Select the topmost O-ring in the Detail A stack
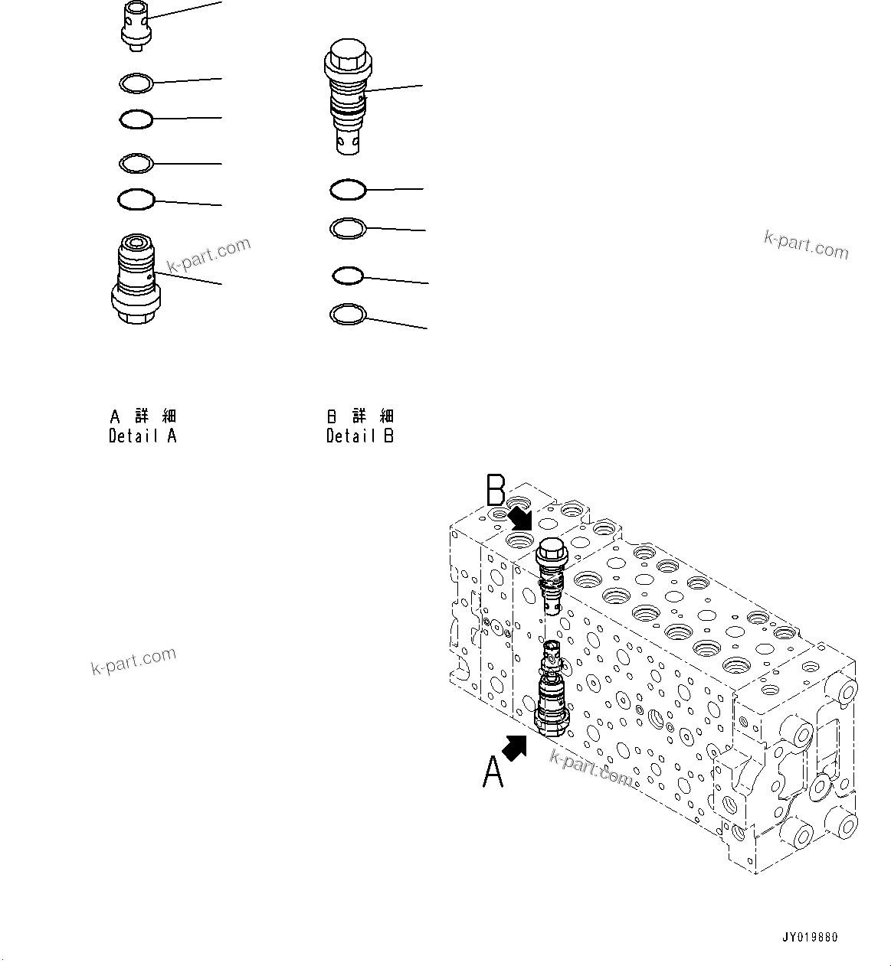137,82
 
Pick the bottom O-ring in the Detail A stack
136,200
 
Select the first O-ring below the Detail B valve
348,189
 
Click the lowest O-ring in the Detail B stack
348,314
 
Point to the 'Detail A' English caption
142,436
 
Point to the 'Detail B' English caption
360,436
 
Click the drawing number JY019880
810,938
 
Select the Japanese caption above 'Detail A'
143,416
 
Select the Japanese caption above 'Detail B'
360,416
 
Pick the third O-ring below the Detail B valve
347,276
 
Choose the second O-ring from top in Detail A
136,119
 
